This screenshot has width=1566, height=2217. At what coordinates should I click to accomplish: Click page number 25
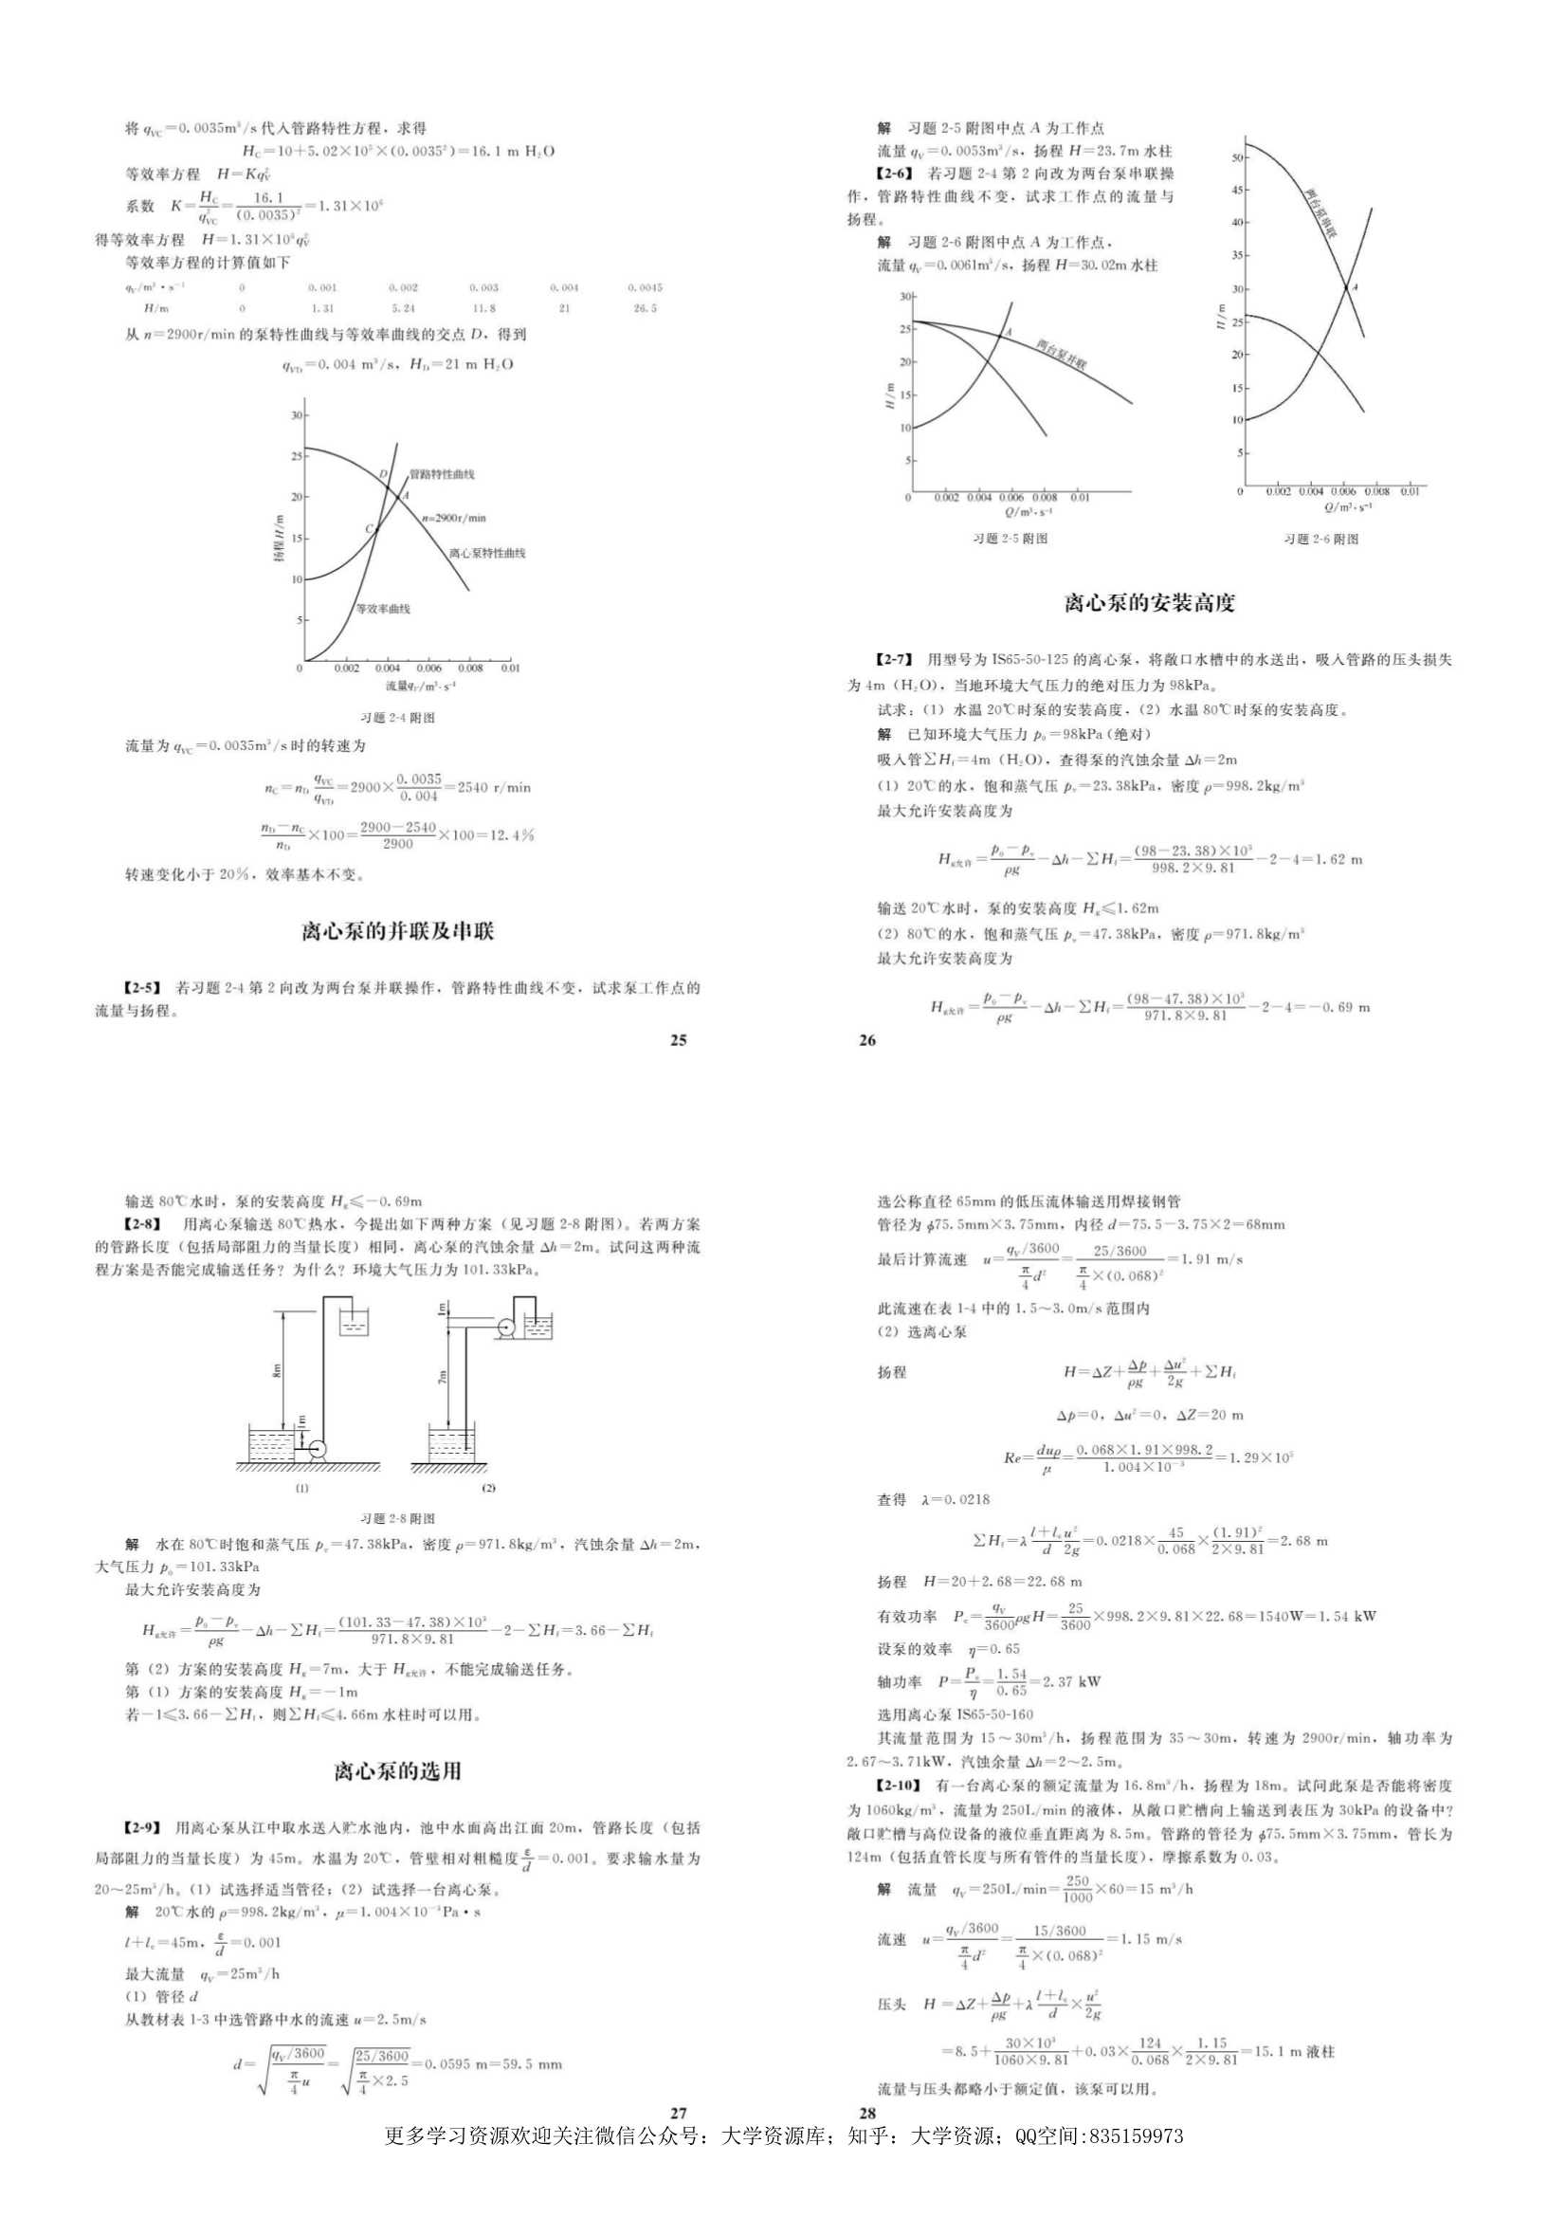pos(678,1040)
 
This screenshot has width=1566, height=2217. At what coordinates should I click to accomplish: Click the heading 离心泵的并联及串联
pos(398,931)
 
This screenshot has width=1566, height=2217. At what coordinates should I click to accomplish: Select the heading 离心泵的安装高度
pos(1149,603)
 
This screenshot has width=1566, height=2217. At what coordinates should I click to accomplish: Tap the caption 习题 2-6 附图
pos(1320,539)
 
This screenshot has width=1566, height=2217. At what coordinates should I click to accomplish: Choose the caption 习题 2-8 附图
pos(397,1519)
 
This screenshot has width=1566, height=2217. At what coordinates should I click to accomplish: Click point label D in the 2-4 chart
pos(383,473)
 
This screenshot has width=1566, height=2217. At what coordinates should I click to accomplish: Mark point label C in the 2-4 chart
pos(369,528)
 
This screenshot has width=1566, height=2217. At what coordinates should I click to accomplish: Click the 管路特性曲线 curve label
pos(441,475)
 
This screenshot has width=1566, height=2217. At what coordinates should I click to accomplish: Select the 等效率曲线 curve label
pos(383,610)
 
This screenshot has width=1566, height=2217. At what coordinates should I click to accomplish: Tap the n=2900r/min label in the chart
pos(453,518)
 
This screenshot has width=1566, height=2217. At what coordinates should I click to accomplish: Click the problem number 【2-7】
pos(893,659)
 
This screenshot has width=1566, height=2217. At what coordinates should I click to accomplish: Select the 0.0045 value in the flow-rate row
pos(644,287)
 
